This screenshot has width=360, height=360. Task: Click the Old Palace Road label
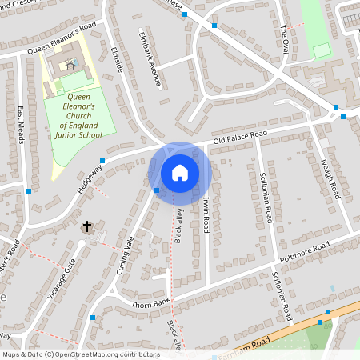click(x=238, y=137)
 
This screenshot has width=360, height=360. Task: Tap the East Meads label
click(x=21, y=125)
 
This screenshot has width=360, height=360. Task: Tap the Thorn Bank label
click(x=150, y=305)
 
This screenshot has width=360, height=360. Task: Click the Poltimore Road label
click(x=304, y=257)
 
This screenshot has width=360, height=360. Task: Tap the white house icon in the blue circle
click(x=180, y=172)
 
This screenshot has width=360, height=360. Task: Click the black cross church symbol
click(x=86, y=226)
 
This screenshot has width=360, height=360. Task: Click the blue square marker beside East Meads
click(x=29, y=191)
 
